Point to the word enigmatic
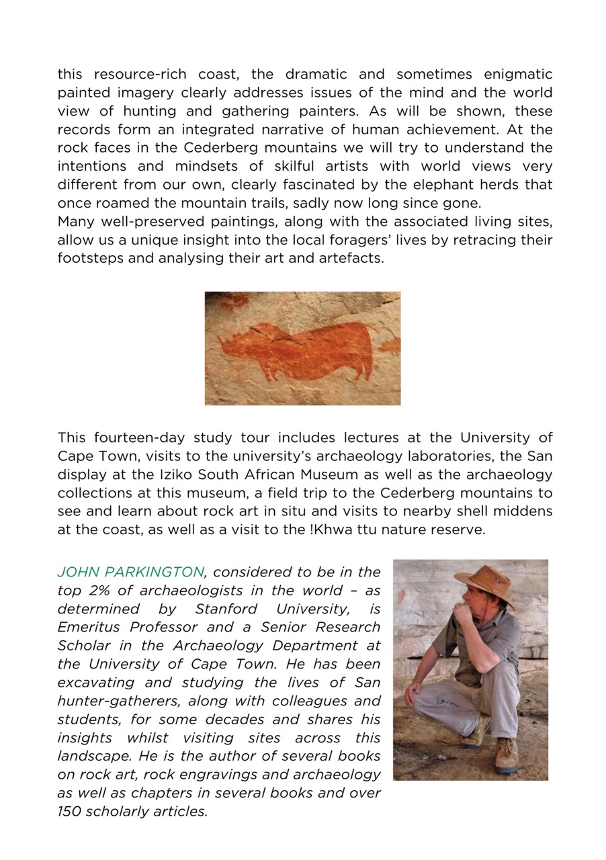510,74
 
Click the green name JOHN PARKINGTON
130,572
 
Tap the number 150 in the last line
69,811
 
